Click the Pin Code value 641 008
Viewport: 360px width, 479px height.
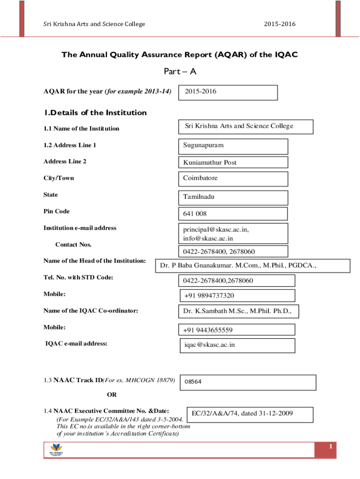[195, 214]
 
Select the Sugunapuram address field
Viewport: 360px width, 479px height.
[203, 145]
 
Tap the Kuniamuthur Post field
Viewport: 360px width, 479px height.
[210, 162]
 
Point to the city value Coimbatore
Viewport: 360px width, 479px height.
[201, 178]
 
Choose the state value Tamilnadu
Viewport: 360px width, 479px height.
[199, 197]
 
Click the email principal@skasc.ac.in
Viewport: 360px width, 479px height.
[216, 230]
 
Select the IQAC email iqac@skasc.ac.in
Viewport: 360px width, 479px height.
[209, 345]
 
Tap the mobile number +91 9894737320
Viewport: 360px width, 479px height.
[209, 296]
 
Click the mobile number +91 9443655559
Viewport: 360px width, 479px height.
[208, 330]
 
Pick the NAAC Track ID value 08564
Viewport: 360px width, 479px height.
[193, 382]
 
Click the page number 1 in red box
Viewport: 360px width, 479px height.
[330, 448]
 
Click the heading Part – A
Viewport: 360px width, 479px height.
[180, 72]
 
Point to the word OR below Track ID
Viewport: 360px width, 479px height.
[112, 395]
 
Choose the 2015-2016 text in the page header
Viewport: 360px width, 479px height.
[280, 24]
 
